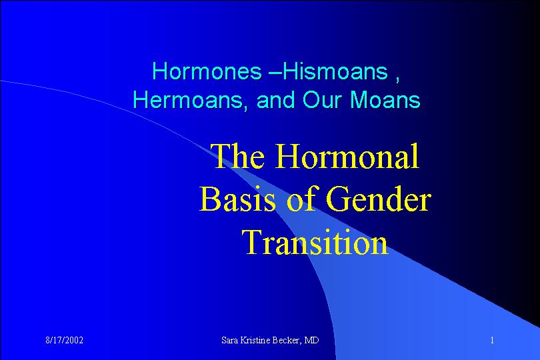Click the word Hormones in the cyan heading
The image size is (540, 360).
[207, 71]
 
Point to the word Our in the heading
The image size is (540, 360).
[323, 100]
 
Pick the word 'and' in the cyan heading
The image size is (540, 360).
[275, 100]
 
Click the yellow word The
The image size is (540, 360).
[237, 156]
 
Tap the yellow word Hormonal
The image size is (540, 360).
[347, 156]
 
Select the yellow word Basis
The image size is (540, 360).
[237, 199]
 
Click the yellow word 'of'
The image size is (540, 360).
[302, 199]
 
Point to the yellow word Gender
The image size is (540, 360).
[378, 199]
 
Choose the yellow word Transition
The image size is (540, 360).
[315, 241]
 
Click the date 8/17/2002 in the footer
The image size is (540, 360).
[65, 341]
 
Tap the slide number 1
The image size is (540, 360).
[492, 341]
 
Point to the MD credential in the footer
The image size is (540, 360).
[312, 341]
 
